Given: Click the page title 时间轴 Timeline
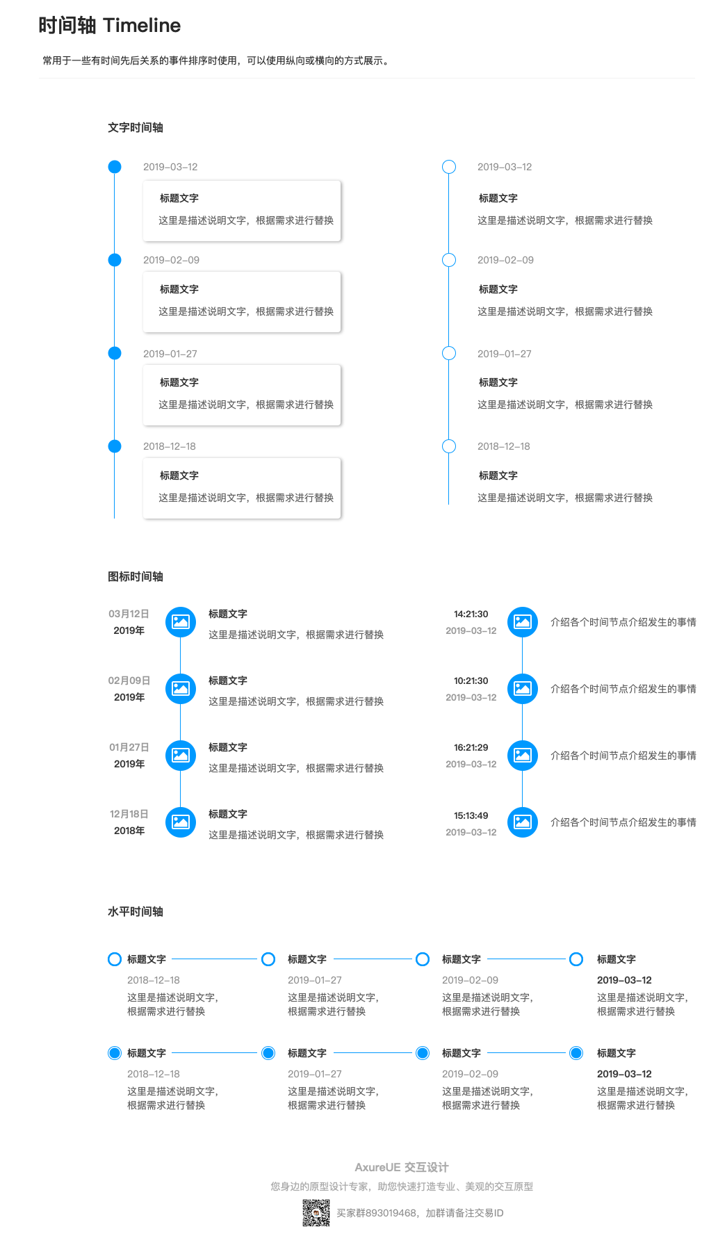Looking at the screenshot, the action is pyautogui.click(x=109, y=26).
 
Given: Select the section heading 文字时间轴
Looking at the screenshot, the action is pyautogui.click(x=136, y=127).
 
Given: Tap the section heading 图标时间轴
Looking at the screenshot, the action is pyautogui.click(x=136, y=576).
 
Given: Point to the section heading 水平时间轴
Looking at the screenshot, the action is pyautogui.click(x=136, y=911).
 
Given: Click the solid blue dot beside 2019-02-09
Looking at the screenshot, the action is pyautogui.click(x=115, y=260).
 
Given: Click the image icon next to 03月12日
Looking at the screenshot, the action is pyautogui.click(x=181, y=622).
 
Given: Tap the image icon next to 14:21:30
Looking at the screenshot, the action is pyautogui.click(x=523, y=622).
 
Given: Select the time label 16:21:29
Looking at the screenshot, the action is pyautogui.click(x=471, y=747).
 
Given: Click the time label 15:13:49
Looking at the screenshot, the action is pyautogui.click(x=471, y=815).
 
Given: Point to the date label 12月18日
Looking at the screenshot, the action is pyautogui.click(x=129, y=814).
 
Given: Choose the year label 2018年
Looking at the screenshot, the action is pyautogui.click(x=129, y=831).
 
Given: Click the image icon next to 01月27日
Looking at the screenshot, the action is pyautogui.click(x=181, y=756).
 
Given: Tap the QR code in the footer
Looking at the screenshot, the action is pyautogui.click(x=316, y=1213).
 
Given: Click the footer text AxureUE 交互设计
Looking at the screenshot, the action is pyautogui.click(x=402, y=1167).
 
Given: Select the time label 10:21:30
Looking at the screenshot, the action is pyautogui.click(x=471, y=680).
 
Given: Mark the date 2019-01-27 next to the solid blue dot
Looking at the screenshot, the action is pyautogui.click(x=170, y=354).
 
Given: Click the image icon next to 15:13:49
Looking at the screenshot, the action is pyautogui.click(x=523, y=822).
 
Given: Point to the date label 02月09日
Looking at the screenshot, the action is pyautogui.click(x=129, y=680).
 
